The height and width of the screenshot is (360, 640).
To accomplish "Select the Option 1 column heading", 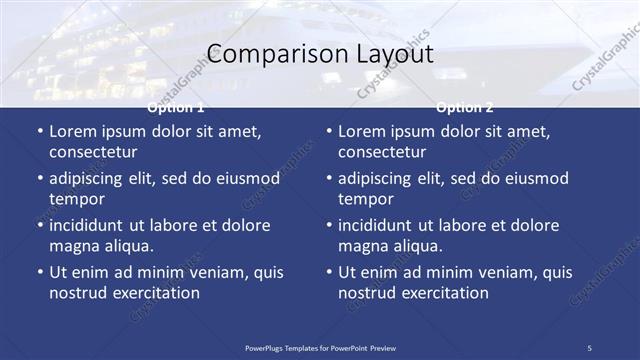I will click(x=176, y=107).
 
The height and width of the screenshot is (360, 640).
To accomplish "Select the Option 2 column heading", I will click(x=465, y=107).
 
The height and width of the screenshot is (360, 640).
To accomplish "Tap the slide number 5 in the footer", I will click(x=589, y=348).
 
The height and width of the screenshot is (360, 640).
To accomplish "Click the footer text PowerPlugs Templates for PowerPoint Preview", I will click(x=320, y=348).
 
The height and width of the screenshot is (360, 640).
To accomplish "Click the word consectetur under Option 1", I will click(x=93, y=153).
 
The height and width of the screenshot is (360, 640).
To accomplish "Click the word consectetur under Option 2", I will click(x=382, y=153).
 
